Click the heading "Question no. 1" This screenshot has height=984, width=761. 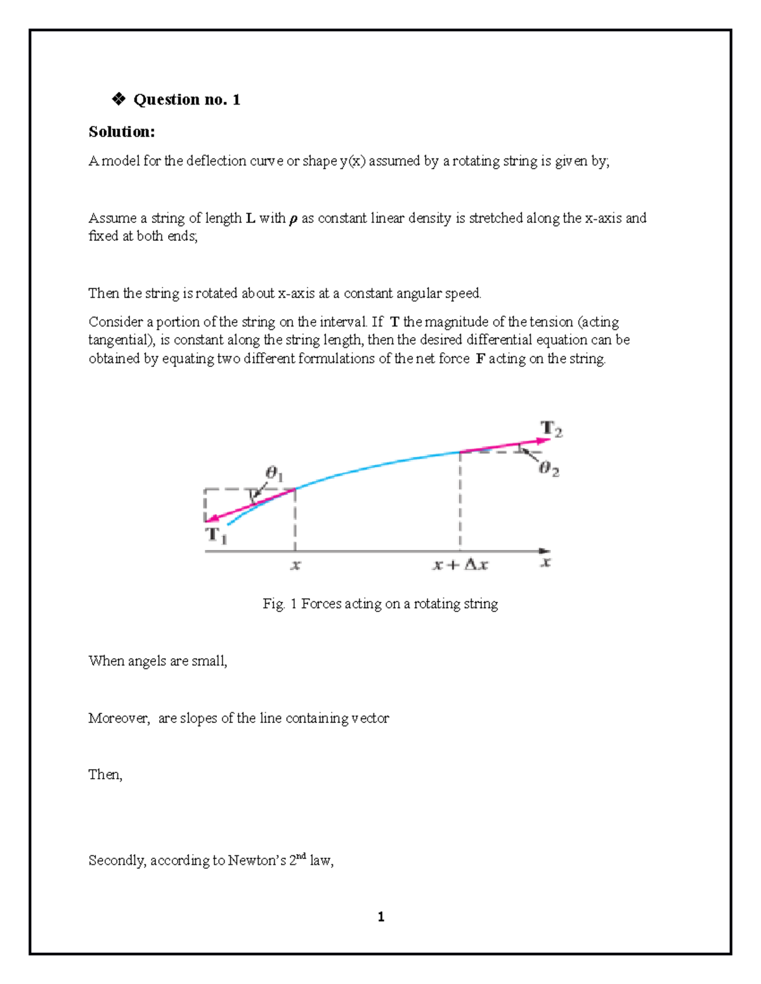click(186, 99)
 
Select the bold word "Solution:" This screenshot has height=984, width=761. click(121, 132)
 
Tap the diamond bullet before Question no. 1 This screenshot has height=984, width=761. click(118, 99)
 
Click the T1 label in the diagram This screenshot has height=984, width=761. click(216, 535)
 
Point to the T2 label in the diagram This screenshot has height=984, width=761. click(550, 429)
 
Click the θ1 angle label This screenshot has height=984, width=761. click(274, 473)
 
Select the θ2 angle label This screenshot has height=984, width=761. click(549, 469)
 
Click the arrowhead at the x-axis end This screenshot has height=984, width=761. click(545, 551)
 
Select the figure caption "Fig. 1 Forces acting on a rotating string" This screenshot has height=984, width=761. click(380, 604)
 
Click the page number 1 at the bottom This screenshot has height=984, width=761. click(380, 917)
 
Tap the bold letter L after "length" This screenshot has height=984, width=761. click(250, 219)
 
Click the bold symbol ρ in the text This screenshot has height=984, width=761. click(293, 220)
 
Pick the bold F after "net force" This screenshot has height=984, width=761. click(480, 359)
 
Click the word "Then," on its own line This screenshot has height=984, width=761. click(105, 775)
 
